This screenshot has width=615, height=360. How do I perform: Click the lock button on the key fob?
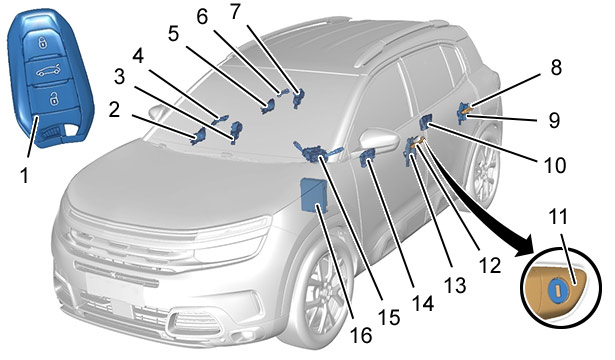point(42,43)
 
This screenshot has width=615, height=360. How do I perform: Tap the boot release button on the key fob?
point(48,71)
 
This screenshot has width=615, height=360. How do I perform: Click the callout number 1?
point(24,175)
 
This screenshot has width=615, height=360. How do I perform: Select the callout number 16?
point(360,335)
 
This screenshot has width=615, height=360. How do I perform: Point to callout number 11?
point(559,217)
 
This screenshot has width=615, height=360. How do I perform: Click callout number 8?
point(556,67)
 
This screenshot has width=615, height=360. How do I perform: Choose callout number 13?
point(455,285)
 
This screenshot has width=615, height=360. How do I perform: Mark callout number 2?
point(114,110)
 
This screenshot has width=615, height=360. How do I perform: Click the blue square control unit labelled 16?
point(313,195)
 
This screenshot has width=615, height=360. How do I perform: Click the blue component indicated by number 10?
point(425,122)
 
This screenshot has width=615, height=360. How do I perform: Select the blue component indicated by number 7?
point(299,96)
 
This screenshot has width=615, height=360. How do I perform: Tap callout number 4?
point(138,56)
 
